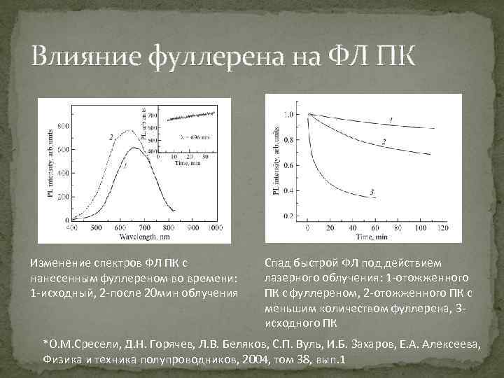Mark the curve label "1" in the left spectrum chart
click(125, 167)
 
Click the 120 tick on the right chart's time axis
click(442, 228)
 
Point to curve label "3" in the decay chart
click(372, 192)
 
